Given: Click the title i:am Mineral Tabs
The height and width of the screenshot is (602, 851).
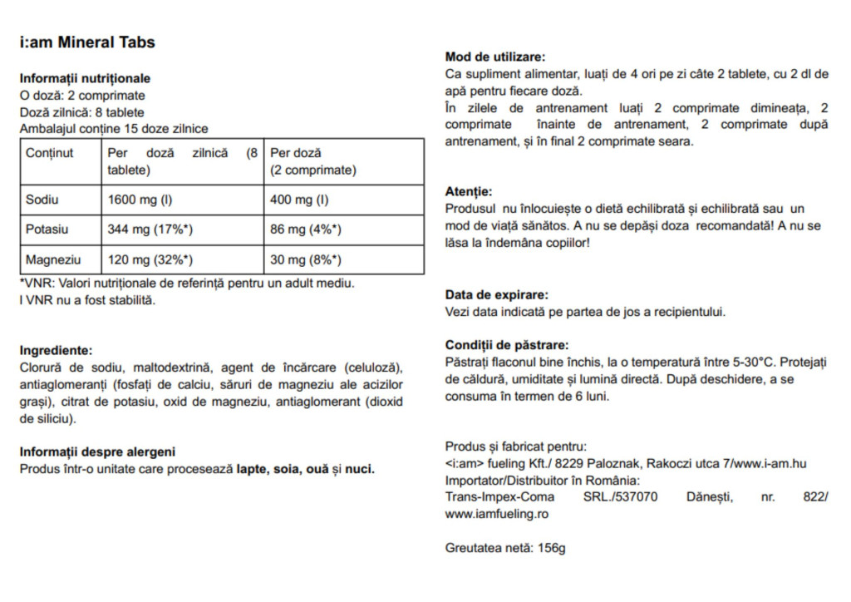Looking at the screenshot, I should pos(87,42).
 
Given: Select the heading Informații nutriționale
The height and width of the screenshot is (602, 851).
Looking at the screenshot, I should pos(85,78).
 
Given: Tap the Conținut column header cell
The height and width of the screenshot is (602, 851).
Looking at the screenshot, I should pos(50,153).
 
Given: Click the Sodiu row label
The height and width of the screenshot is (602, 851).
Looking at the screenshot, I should pos(42,200).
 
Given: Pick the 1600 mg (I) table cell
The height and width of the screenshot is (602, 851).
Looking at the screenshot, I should pos(138,200).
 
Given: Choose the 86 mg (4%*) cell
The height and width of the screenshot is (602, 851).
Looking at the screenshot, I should pos(306,229).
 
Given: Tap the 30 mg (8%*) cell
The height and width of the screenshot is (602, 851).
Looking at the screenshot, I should pos(306,259).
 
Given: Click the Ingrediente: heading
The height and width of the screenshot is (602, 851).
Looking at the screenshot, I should pos(56,351).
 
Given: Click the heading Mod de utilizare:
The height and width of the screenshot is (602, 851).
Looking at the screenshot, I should pos(495,57).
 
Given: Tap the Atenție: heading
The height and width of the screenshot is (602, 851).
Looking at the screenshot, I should pos(469,191).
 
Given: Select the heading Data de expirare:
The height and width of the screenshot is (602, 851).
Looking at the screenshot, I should pos(497,294).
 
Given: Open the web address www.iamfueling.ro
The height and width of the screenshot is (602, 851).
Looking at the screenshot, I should pos(497,514).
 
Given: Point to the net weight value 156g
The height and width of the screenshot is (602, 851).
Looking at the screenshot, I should pos(551,549).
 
